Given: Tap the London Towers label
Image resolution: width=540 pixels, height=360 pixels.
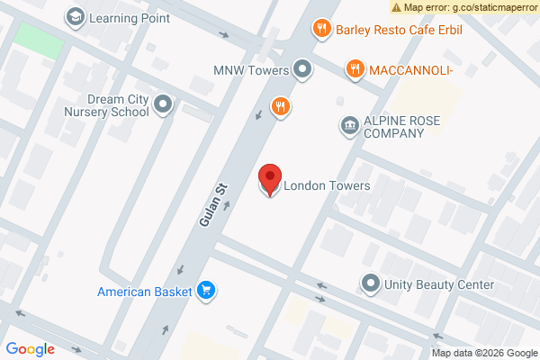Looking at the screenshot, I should (x=327, y=186).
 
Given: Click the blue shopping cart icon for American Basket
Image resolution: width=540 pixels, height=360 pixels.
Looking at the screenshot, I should (x=207, y=290).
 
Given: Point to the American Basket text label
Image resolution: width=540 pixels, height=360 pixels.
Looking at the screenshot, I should (x=146, y=291).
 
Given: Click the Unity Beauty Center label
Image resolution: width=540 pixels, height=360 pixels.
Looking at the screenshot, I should (x=439, y=285).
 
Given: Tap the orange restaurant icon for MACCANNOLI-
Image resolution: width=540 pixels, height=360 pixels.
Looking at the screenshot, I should (x=355, y=68).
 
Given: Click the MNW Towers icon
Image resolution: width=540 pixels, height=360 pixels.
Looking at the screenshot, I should (x=302, y=68).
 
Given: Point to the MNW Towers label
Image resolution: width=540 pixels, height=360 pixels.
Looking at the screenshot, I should (x=250, y=69).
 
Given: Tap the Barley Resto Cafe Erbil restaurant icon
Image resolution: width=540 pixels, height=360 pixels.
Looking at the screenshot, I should (x=319, y=30).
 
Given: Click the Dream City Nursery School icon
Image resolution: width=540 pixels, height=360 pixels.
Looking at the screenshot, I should (x=163, y=105).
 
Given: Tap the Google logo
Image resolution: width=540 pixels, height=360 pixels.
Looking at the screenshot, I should (x=30, y=349).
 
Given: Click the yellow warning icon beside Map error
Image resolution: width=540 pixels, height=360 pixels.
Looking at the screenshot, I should (x=396, y=7).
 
